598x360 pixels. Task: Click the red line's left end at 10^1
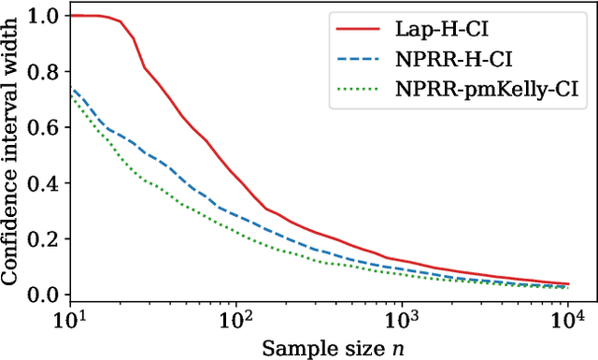(71, 16)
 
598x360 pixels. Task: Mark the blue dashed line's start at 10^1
(71, 89)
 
